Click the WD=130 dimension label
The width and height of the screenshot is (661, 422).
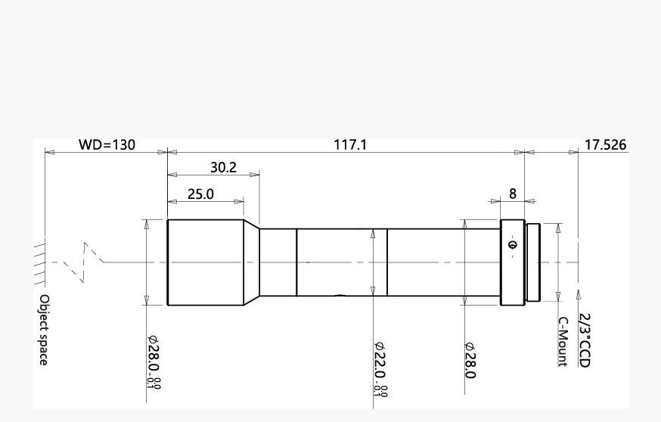pos(107,144)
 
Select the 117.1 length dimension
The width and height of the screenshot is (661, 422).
pos(350,144)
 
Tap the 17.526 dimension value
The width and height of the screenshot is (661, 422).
pos(605,144)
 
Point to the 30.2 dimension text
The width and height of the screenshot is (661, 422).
pos(223,167)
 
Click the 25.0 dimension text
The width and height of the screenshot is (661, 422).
pos(200,194)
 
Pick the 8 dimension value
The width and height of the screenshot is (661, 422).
pos(513,194)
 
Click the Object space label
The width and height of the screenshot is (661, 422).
pos(44,330)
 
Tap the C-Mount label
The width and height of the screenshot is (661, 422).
pos(563,342)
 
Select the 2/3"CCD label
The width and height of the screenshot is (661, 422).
pos(585,340)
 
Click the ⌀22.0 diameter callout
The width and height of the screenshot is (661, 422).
pos(380,369)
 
